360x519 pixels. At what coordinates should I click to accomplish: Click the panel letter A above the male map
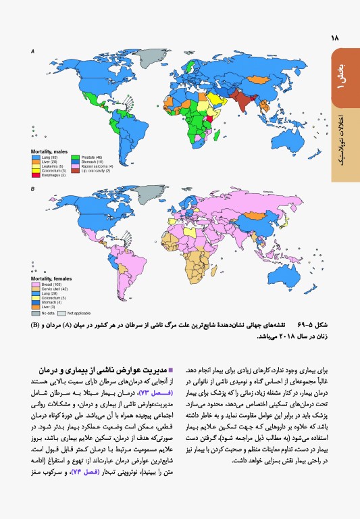point(32,51)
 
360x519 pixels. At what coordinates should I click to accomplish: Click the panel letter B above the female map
point(32,190)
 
